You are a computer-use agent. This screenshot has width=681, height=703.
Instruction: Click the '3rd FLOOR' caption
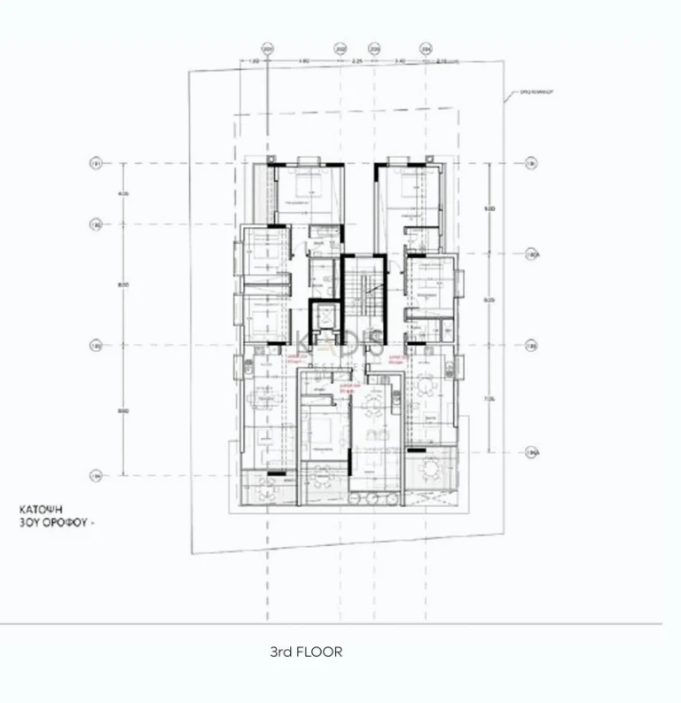click(305, 652)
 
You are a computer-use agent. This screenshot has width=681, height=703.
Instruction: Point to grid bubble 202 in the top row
click(340, 50)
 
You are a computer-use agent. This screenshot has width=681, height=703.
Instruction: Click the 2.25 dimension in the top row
click(357, 61)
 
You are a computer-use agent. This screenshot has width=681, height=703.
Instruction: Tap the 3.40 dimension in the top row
click(400, 61)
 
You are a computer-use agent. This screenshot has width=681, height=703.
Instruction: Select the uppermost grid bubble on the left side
click(96, 163)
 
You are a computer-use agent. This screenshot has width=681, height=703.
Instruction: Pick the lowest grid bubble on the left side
click(96, 476)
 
